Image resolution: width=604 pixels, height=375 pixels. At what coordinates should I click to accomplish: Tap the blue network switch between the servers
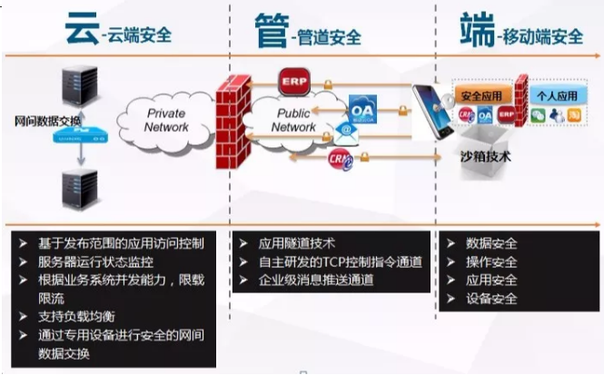[x=75, y=138]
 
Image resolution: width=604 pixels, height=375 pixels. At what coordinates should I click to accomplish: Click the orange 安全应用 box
[x=482, y=95]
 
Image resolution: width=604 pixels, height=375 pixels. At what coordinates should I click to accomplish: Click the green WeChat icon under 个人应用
[x=538, y=115]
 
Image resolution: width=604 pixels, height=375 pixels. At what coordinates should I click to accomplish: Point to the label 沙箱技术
[x=486, y=157]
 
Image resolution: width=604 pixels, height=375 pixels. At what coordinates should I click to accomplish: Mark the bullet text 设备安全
[x=491, y=299]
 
